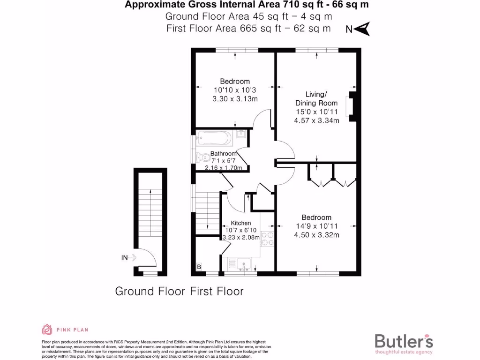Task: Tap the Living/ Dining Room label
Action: tap(316, 99)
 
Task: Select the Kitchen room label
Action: tap(240, 223)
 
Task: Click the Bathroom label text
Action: tap(223, 154)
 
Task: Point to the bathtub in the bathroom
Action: tap(214, 137)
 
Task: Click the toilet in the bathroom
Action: tap(202, 157)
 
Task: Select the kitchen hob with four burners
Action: tap(267, 239)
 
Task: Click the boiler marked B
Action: tap(199, 267)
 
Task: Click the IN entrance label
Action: tap(124, 257)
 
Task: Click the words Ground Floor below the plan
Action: tap(150, 291)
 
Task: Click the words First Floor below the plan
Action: tap(217, 291)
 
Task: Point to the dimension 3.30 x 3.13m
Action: tap(235, 99)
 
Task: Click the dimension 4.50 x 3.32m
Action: tap(316, 235)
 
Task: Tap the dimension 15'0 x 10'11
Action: tap(316, 112)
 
